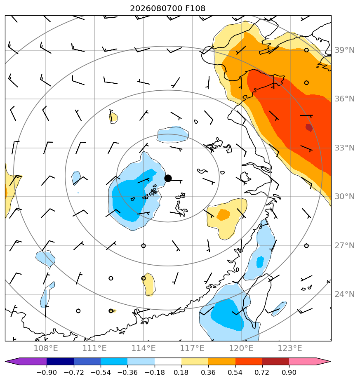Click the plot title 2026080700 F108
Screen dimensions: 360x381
[x=167, y=9]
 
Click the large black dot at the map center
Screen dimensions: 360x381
[x=168, y=179]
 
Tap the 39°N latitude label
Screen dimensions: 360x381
[x=344, y=50]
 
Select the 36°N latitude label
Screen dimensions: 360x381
[x=344, y=99]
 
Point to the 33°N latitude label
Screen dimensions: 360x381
[x=344, y=148]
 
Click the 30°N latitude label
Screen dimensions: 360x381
[x=344, y=196]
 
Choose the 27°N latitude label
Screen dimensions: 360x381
[x=344, y=246]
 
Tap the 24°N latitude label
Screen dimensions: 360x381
[x=344, y=294]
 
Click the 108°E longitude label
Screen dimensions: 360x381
[x=46, y=348]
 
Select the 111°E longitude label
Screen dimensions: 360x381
[x=94, y=348]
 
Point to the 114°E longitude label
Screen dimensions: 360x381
[x=144, y=348]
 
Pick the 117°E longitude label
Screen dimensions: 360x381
[x=192, y=348]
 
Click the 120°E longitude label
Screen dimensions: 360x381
[x=241, y=348]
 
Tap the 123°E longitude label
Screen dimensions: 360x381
[x=290, y=348]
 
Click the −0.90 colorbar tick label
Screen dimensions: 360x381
[x=47, y=372]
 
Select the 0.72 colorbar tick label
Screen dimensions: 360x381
[x=262, y=372]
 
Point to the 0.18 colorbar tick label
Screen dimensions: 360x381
[x=181, y=372]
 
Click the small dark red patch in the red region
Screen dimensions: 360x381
[x=309, y=127]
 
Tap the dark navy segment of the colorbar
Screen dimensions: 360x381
[x=60, y=361]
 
